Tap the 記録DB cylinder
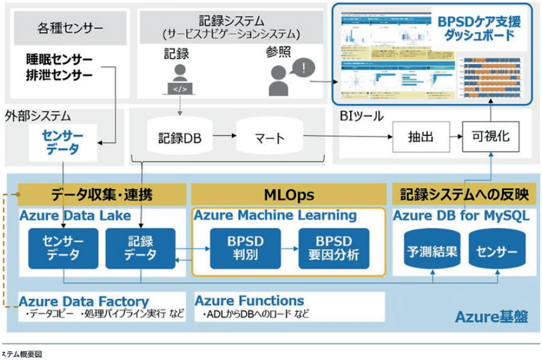tap(179, 138)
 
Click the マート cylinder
tap(268, 138)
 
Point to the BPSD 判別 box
tap(245, 248)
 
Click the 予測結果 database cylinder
tap(432, 251)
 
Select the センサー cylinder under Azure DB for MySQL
tap(495, 251)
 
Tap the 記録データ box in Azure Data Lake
tap(140, 248)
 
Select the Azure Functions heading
tap(250, 301)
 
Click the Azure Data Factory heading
tap(84, 301)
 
